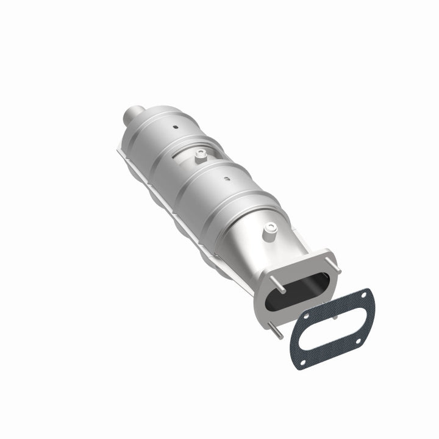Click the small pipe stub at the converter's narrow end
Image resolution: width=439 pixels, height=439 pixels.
tap(130, 113)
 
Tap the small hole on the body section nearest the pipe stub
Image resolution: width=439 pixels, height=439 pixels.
tap(175, 128)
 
